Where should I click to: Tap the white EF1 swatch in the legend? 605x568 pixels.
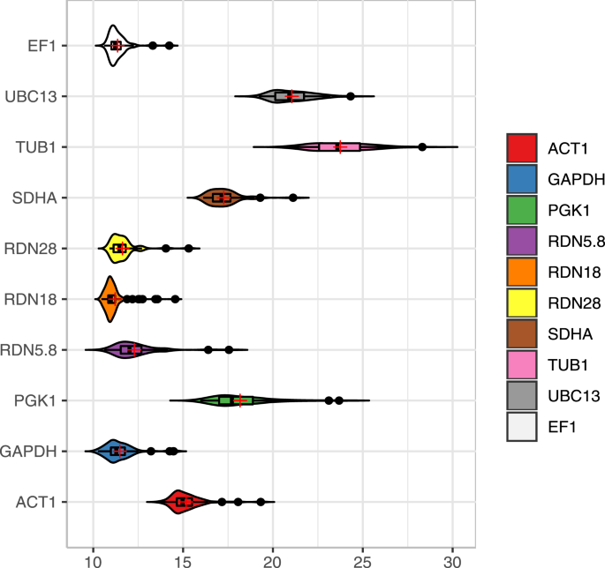coord(523,426)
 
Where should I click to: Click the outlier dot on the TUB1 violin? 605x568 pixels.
coord(422,147)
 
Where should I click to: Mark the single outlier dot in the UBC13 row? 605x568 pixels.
coord(351,96)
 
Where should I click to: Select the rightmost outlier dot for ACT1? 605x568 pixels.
coord(261,502)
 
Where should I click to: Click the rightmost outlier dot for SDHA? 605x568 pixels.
coord(293,198)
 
